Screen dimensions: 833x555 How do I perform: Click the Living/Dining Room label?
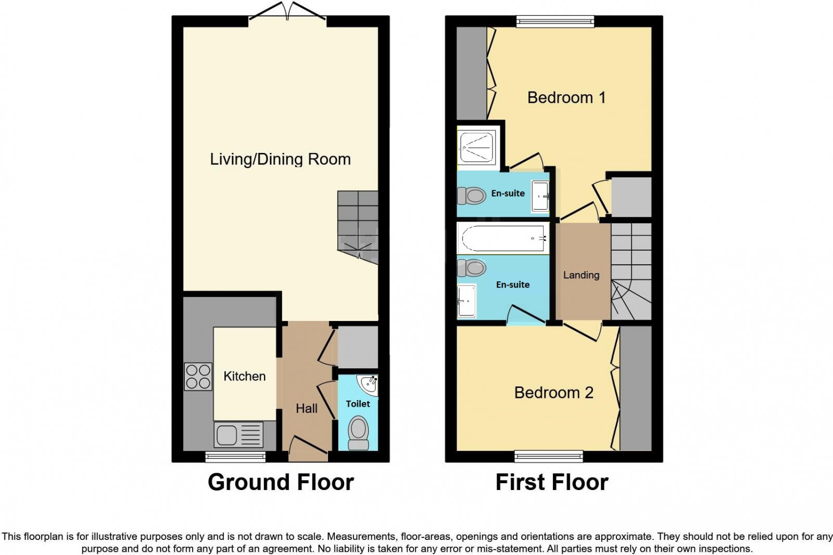[x=281, y=159]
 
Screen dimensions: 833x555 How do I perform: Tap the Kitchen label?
[x=244, y=376]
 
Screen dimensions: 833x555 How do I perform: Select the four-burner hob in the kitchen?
[x=198, y=376]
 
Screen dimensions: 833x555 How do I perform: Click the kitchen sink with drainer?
[x=238, y=435]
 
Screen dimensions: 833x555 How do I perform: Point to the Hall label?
[x=307, y=409]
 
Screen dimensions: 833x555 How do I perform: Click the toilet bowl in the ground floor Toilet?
[x=358, y=433]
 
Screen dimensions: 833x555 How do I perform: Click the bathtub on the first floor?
[x=503, y=238]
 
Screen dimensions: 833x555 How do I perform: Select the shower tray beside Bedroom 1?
[x=477, y=148]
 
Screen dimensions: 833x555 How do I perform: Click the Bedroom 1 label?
[x=566, y=98]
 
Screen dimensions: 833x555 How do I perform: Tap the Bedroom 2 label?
[x=554, y=393]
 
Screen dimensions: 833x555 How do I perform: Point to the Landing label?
[x=581, y=275]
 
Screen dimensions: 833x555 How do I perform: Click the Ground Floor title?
[x=281, y=482]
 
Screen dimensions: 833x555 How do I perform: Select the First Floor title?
[x=552, y=482]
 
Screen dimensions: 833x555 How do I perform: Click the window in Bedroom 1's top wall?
[x=555, y=21]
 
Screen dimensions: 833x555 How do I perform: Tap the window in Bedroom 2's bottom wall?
[x=549, y=456]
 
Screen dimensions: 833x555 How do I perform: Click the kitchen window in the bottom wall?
[x=235, y=457]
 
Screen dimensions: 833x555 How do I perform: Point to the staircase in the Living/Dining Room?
[x=358, y=227]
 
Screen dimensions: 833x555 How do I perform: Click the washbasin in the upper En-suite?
[x=540, y=196]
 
